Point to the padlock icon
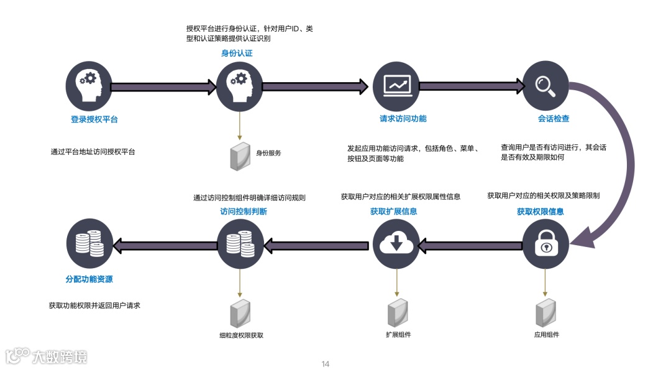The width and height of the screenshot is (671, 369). (545, 245)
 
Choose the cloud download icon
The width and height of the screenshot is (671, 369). (396, 245)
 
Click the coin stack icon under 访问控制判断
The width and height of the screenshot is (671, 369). (240, 245)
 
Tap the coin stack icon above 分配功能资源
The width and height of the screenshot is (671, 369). (89, 245)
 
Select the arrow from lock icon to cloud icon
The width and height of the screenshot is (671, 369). (470, 246)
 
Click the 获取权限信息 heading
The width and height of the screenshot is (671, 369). (541, 212)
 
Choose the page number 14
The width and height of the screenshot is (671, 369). (325, 364)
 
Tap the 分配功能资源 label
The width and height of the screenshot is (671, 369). (89, 279)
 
